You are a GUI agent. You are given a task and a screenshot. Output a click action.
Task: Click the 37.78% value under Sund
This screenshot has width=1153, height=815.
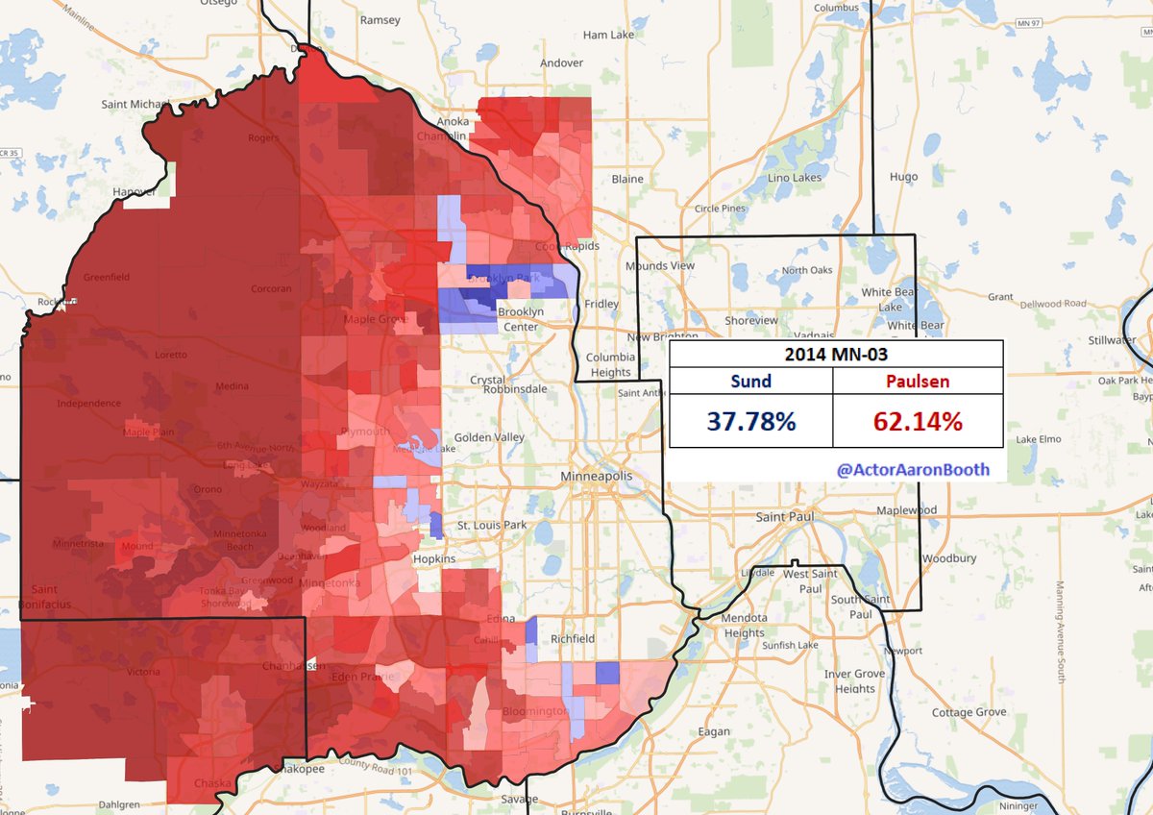(x=750, y=420)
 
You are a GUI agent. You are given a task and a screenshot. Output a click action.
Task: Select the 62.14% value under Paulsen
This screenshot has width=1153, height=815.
(x=918, y=420)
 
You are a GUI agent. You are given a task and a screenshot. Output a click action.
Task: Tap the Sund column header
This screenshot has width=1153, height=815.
(x=750, y=381)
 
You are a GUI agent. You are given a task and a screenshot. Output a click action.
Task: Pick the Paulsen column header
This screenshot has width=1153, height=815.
(x=918, y=381)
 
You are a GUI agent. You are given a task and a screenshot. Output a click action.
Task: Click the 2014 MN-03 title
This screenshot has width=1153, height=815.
(x=835, y=354)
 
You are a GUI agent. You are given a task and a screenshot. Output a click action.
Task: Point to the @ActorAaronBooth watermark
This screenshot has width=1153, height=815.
(x=913, y=469)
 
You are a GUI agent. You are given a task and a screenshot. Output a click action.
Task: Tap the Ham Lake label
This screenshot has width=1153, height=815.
(x=609, y=35)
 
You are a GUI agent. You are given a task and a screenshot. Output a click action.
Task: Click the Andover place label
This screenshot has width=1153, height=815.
(x=561, y=62)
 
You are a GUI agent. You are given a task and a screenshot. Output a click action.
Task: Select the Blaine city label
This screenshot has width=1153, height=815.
(x=627, y=179)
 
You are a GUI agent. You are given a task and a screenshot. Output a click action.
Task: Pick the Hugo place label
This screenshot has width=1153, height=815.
(x=903, y=177)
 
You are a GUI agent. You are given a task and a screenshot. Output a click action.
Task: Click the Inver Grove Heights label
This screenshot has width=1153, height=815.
(x=855, y=681)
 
